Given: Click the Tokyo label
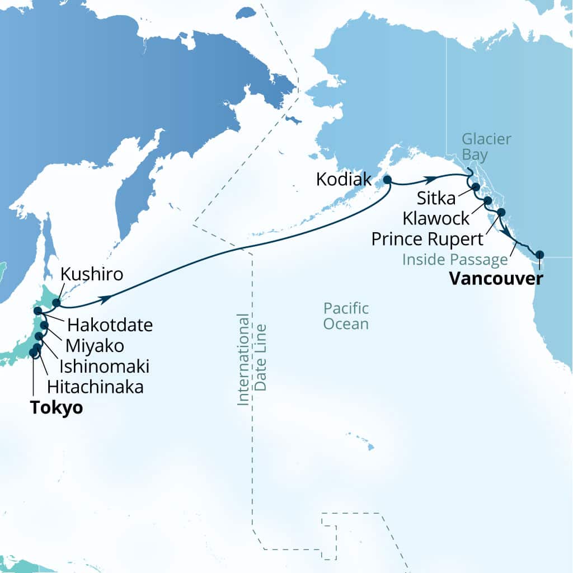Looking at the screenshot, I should pyautogui.click(x=57, y=407).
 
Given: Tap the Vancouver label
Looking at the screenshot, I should pyautogui.click(x=495, y=278).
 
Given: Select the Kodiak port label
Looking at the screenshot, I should pyautogui.click(x=344, y=180).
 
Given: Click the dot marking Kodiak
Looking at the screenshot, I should pyautogui.click(x=386, y=180).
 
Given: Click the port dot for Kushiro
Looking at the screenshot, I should pyautogui.click(x=56, y=303).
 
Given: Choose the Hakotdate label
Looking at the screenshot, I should pyautogui.click(x=110, y=324).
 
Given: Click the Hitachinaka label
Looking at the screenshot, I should pyautogui.click(x=95, y=386).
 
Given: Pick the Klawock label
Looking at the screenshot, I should pyautogui.click(x=436, y=218).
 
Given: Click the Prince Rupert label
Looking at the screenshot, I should pyautogui.click(x=428, y=239).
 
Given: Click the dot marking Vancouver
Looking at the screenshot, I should pyautogui.click(x=539, y=255).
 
